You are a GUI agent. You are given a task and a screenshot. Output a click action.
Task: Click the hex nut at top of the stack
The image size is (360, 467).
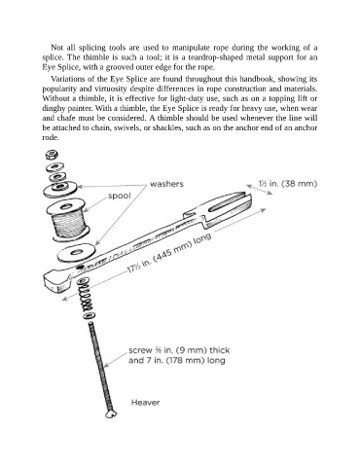(x=52, y=155)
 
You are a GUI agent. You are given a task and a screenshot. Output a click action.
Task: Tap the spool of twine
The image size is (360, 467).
(x=68, y=220)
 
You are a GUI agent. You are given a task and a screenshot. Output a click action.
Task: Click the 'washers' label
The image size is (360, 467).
(x=166, y=184)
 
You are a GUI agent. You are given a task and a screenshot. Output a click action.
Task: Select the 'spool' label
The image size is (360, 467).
(x=120, y=196)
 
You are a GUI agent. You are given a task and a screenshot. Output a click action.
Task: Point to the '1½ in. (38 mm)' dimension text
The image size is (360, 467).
(x=288, y=184)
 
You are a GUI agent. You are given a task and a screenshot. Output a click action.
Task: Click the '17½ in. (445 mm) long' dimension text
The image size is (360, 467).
(x=168, y=253)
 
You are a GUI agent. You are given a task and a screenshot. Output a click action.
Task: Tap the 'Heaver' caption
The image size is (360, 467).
(x=145, y=403)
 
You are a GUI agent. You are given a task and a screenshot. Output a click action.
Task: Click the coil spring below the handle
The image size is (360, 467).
(x=87, y=299)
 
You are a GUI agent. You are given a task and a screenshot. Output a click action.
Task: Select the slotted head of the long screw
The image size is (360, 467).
(x=111, y=414)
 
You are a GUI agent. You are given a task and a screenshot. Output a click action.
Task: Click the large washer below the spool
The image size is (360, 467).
(x=77, y=252)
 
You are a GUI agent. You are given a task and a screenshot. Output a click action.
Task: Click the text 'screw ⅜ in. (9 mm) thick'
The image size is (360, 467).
(x=179, y=350)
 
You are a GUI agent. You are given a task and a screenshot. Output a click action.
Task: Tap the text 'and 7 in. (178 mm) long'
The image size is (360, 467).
(x=177, y=360)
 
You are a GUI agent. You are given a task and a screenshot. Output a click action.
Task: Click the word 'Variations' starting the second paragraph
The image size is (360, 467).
(x=66, y=79)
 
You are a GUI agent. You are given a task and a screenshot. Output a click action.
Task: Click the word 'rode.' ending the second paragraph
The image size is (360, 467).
(x=51, y=137)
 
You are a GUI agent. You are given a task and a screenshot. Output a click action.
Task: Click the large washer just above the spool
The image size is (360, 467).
(x=60, y=189)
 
